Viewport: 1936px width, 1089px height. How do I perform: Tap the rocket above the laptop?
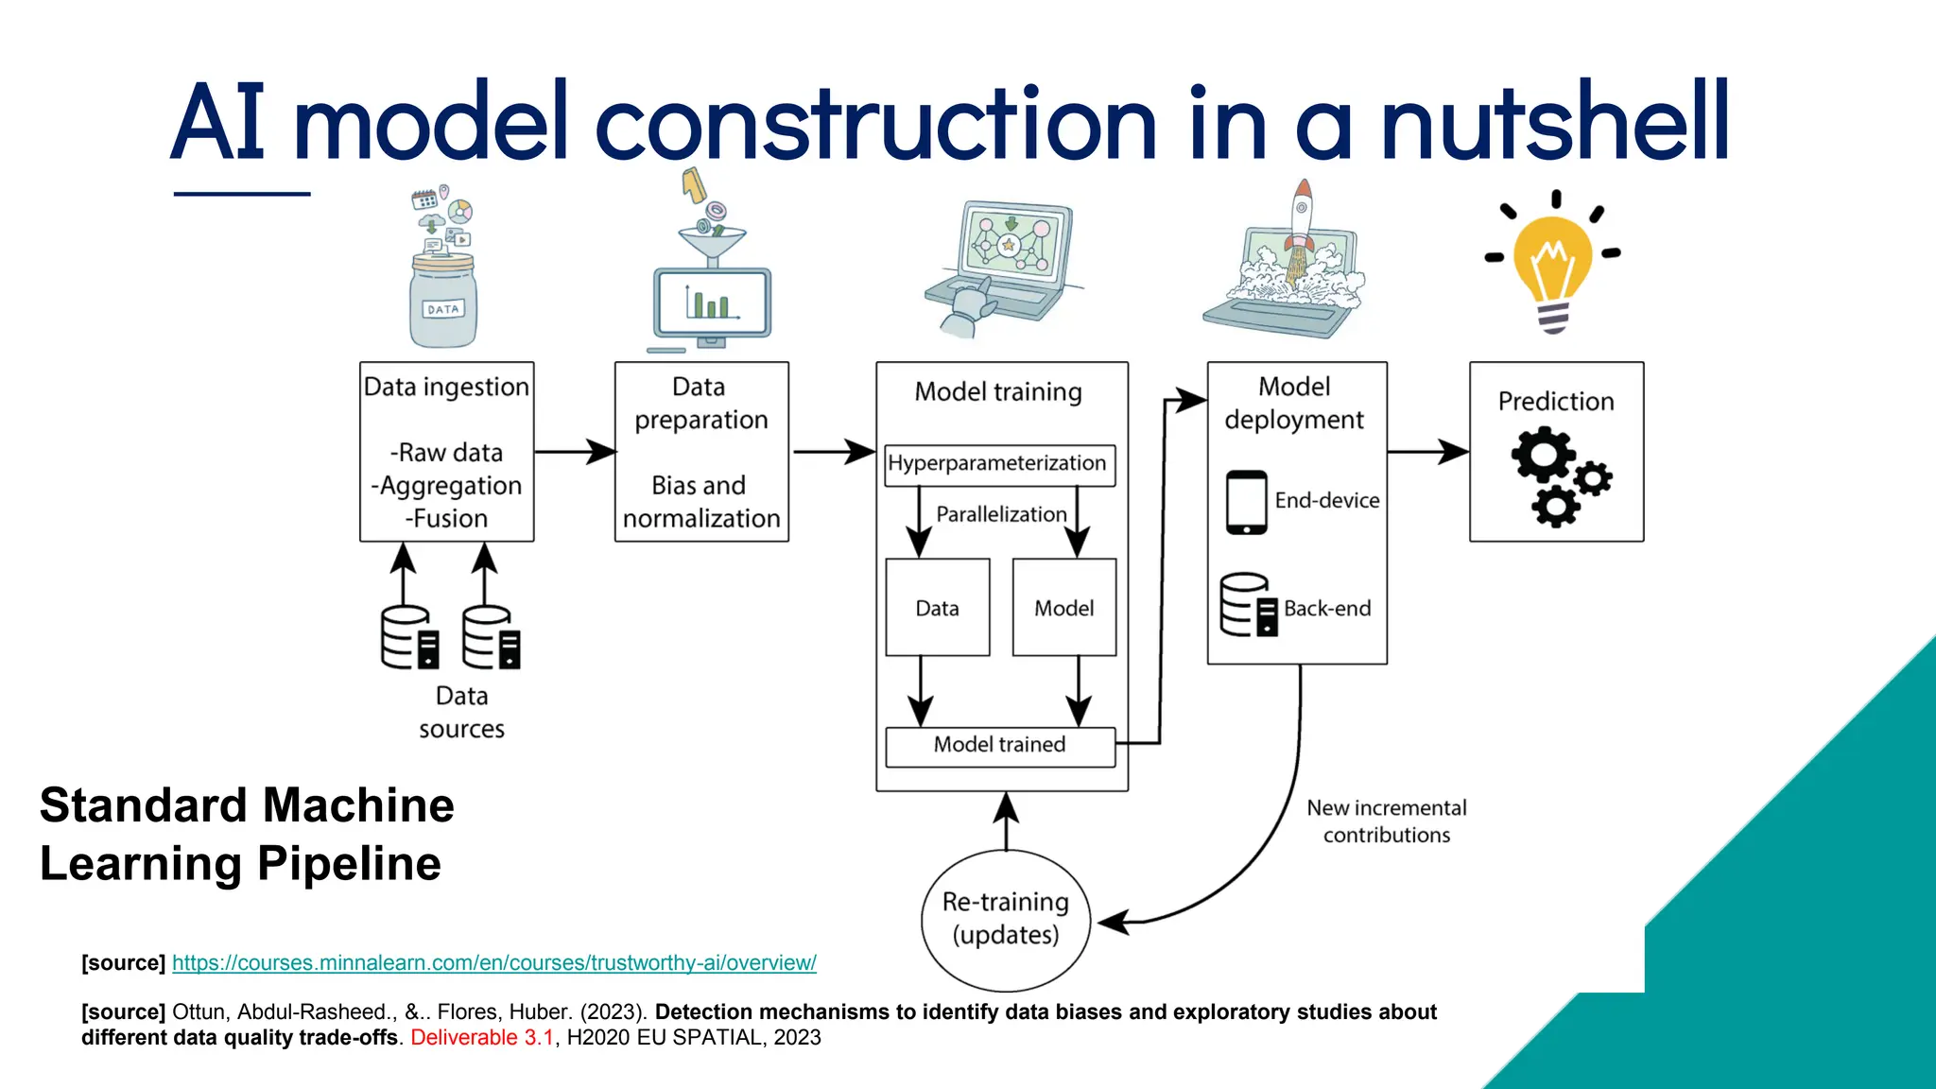(1302, 223)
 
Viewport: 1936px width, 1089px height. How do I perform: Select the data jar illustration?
(442, 299)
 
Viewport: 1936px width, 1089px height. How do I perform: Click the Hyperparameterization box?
(999, 464)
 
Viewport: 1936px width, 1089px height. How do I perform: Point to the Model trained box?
(999, 746)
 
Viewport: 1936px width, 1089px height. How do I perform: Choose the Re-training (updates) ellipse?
(1005, 919)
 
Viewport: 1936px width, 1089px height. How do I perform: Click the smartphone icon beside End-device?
(1246, 502)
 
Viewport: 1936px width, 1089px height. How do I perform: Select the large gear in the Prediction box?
(1542, 458)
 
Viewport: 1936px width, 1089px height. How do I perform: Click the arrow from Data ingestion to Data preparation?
(575, 452)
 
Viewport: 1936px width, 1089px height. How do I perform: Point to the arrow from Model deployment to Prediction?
(1427, 452)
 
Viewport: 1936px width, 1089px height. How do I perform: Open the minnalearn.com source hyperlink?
(493, 963)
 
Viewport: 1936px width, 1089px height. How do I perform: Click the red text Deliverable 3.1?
(482, 1038)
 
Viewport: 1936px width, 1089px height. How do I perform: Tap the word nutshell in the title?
(1554, 123)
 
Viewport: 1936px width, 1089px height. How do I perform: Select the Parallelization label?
(1000, 514)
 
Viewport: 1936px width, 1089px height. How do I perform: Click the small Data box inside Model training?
(937, 608)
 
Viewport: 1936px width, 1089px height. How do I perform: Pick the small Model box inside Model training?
(1063, 608)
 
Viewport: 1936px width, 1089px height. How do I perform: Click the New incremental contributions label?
(1386, 821)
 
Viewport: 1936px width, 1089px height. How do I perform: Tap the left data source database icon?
(409, 637)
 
